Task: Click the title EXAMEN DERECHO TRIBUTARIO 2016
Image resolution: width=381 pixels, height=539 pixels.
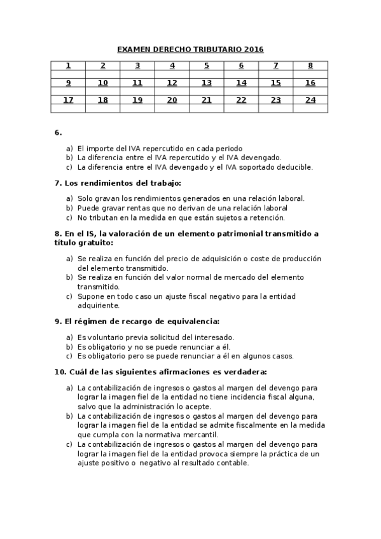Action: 190,49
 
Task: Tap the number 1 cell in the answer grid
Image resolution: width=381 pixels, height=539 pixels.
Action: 68,65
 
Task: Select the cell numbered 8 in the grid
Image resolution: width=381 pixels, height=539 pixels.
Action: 310,65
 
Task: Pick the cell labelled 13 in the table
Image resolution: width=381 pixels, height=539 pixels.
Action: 206,83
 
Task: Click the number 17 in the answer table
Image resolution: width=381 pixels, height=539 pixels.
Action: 68,100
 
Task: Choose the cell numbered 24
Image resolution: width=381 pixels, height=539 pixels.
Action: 310,100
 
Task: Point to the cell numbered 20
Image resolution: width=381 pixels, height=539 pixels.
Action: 172,100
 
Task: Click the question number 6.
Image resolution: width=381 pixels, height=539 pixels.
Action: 58,132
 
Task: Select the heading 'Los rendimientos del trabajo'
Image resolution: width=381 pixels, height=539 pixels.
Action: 123,183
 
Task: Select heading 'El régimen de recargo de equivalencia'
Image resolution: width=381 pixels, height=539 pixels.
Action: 141,321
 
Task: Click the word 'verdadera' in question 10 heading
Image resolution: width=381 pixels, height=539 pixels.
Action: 245,371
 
